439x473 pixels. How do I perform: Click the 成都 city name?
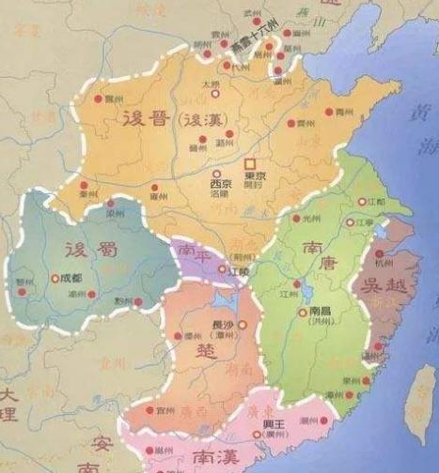click(70, 278)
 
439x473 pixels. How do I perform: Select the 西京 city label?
click(222, 185)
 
